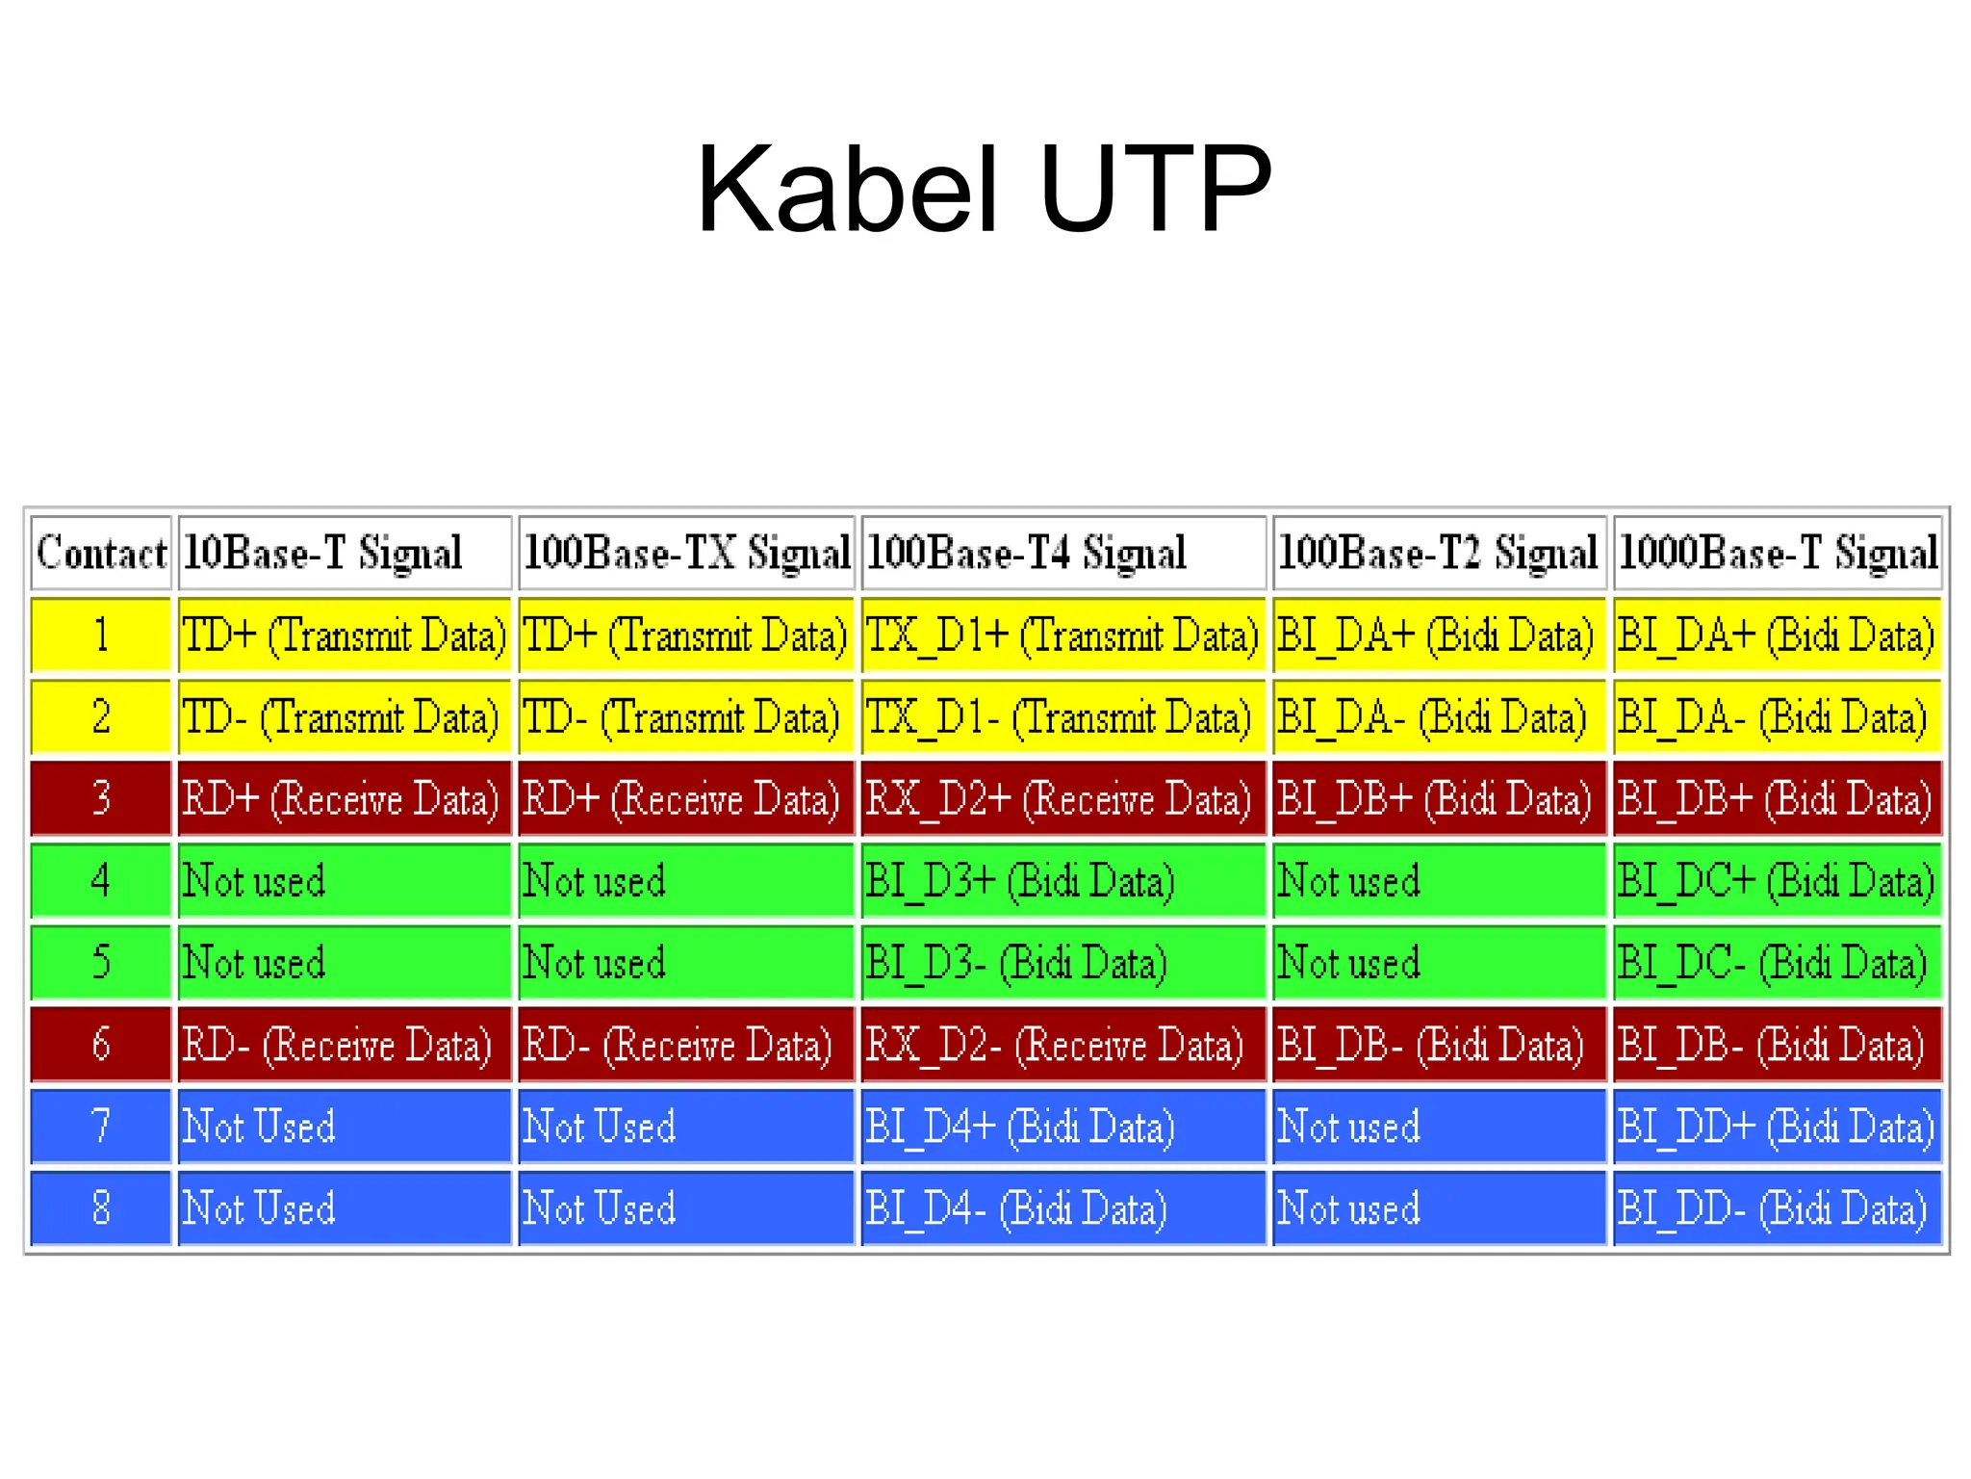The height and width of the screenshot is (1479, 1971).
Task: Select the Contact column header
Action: [101, 554]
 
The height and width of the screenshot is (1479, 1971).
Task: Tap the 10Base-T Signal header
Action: [344, 554]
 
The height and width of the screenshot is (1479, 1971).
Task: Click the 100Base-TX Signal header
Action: [685, 554]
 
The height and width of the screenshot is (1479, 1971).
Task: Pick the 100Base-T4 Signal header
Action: [1062, 554]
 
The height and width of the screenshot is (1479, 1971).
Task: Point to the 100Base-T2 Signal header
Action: [1438, 554]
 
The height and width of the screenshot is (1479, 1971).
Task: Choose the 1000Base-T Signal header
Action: [1777, 554]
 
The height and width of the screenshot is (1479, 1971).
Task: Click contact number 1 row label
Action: [101, 636]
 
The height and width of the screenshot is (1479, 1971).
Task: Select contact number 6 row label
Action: [101, 1045]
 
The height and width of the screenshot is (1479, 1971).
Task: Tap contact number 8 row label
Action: [101, 1208]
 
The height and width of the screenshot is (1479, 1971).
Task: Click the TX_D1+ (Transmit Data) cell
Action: [1062, 636]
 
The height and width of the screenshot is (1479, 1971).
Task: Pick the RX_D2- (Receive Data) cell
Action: [1062, 1045]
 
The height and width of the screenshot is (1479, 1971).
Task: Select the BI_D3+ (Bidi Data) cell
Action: [1062, 881]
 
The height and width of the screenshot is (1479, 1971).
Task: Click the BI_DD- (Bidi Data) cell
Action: [1777, 1208]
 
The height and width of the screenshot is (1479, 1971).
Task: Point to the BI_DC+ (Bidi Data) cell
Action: [1777, 881]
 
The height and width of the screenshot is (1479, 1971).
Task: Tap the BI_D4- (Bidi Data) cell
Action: [1062, 1208]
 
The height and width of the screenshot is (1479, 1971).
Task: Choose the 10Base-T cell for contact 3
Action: [344, 799]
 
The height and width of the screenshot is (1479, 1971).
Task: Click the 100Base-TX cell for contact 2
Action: [685, 717]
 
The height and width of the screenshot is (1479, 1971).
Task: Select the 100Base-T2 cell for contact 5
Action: [1438, 963]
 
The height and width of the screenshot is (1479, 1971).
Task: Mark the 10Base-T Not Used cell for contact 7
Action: [344, 1127]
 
